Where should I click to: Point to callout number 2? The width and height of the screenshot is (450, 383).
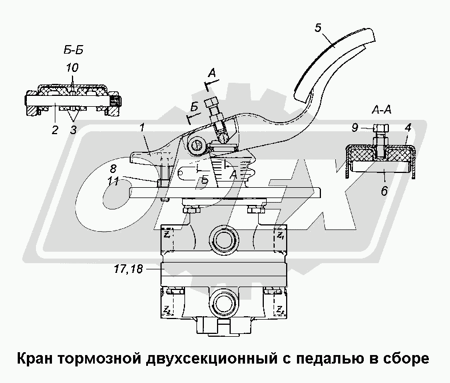55,130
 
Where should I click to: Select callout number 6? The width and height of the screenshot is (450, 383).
384,192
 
